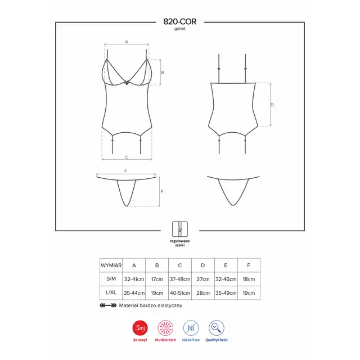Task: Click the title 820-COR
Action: point(180,21)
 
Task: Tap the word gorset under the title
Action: point(180,29)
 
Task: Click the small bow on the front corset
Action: point(127,83)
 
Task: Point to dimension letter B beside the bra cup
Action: point(163,73)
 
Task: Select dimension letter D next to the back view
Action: point(272,105)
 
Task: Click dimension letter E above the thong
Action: point(125,170)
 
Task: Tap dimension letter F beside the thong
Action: point(162,191)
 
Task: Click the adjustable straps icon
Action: point(180,229)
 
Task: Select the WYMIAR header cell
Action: point(111,265)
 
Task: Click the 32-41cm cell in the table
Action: point(134,279)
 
